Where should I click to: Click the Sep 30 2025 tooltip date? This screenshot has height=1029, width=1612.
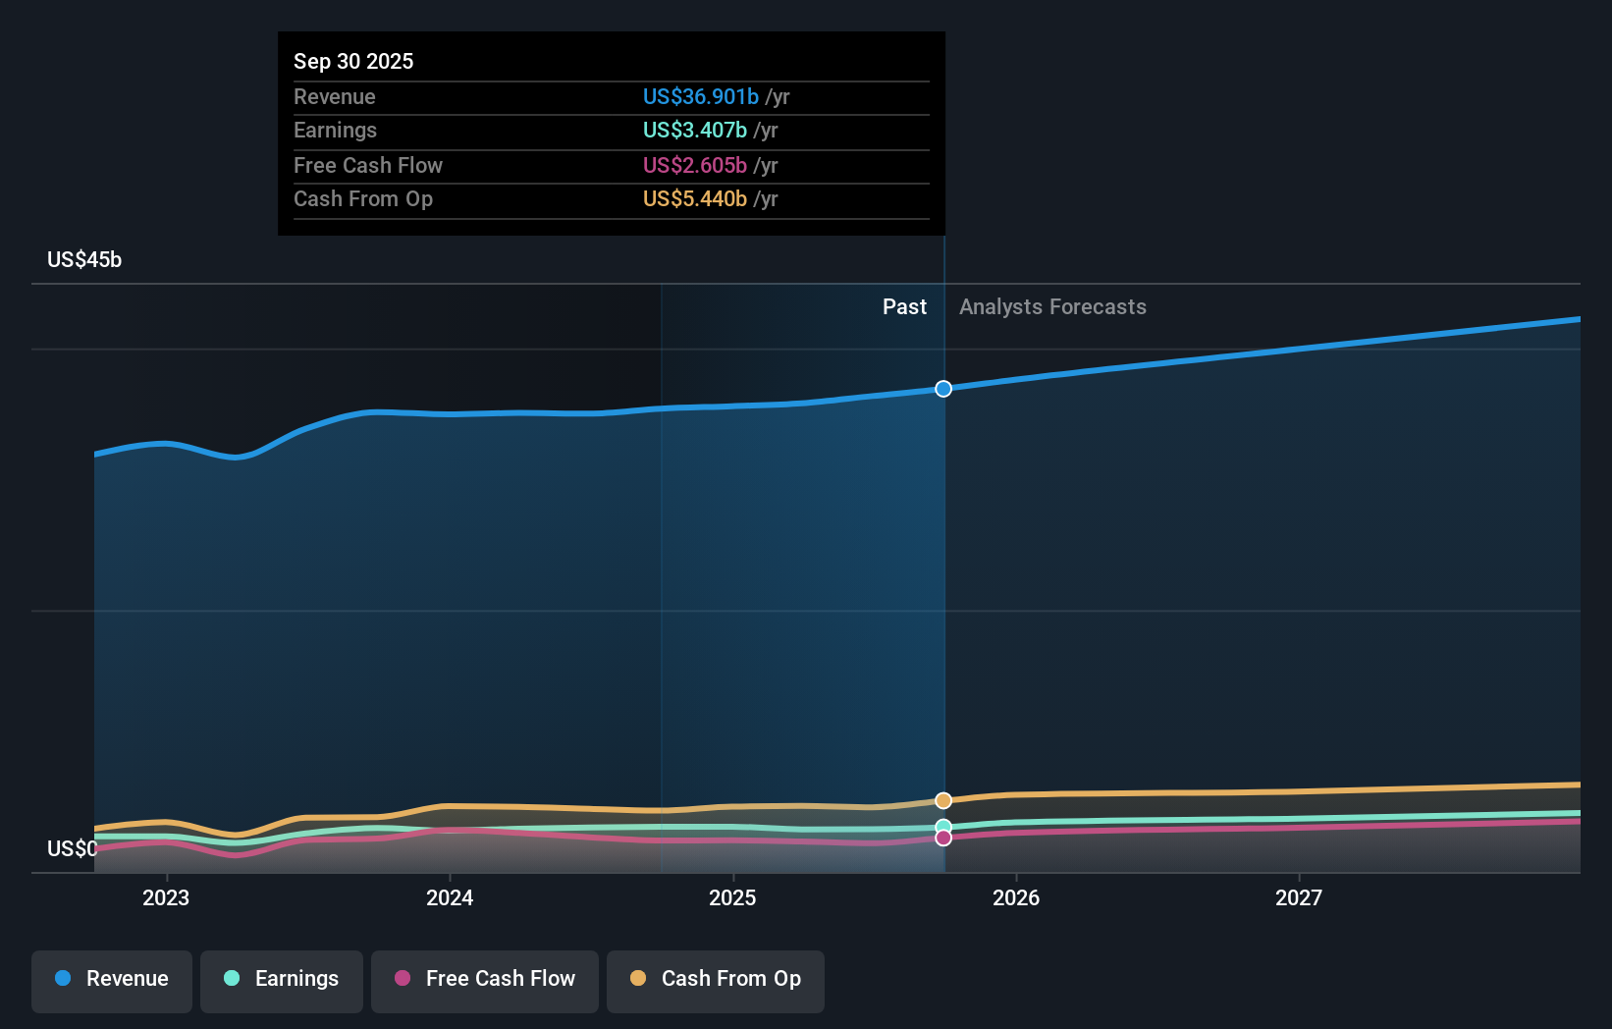[353, 61]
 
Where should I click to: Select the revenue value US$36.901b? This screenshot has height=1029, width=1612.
[700, 96]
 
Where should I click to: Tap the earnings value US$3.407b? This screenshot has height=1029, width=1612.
[694, 130]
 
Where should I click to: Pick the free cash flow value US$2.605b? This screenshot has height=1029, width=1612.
[694, 165]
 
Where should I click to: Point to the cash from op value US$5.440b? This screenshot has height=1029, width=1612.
[694, 198]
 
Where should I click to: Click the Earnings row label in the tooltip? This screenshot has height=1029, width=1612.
[335, 130]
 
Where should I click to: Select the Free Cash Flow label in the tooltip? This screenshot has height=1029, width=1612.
[367, 165]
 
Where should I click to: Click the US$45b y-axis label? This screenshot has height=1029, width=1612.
[84, 259]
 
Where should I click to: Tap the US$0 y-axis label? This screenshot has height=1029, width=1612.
[72, 848]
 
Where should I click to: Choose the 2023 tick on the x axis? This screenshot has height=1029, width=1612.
[166, 897]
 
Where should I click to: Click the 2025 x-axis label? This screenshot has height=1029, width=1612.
[732, 897]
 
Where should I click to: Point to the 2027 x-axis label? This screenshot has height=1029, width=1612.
[1298, 897]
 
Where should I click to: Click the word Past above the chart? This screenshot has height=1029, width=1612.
[903, 306]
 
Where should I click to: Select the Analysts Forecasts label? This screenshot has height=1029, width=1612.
[1051, 306]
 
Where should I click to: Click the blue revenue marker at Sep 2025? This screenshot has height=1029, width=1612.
[943, 389]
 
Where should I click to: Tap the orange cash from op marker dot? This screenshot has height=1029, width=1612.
[943, 800]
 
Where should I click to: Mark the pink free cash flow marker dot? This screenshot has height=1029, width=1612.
[943, 838]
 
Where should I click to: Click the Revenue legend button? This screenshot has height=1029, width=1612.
[112, 979]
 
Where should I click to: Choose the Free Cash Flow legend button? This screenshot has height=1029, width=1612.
[485, 979]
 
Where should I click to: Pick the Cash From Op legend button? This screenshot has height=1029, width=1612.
[716, 979]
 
